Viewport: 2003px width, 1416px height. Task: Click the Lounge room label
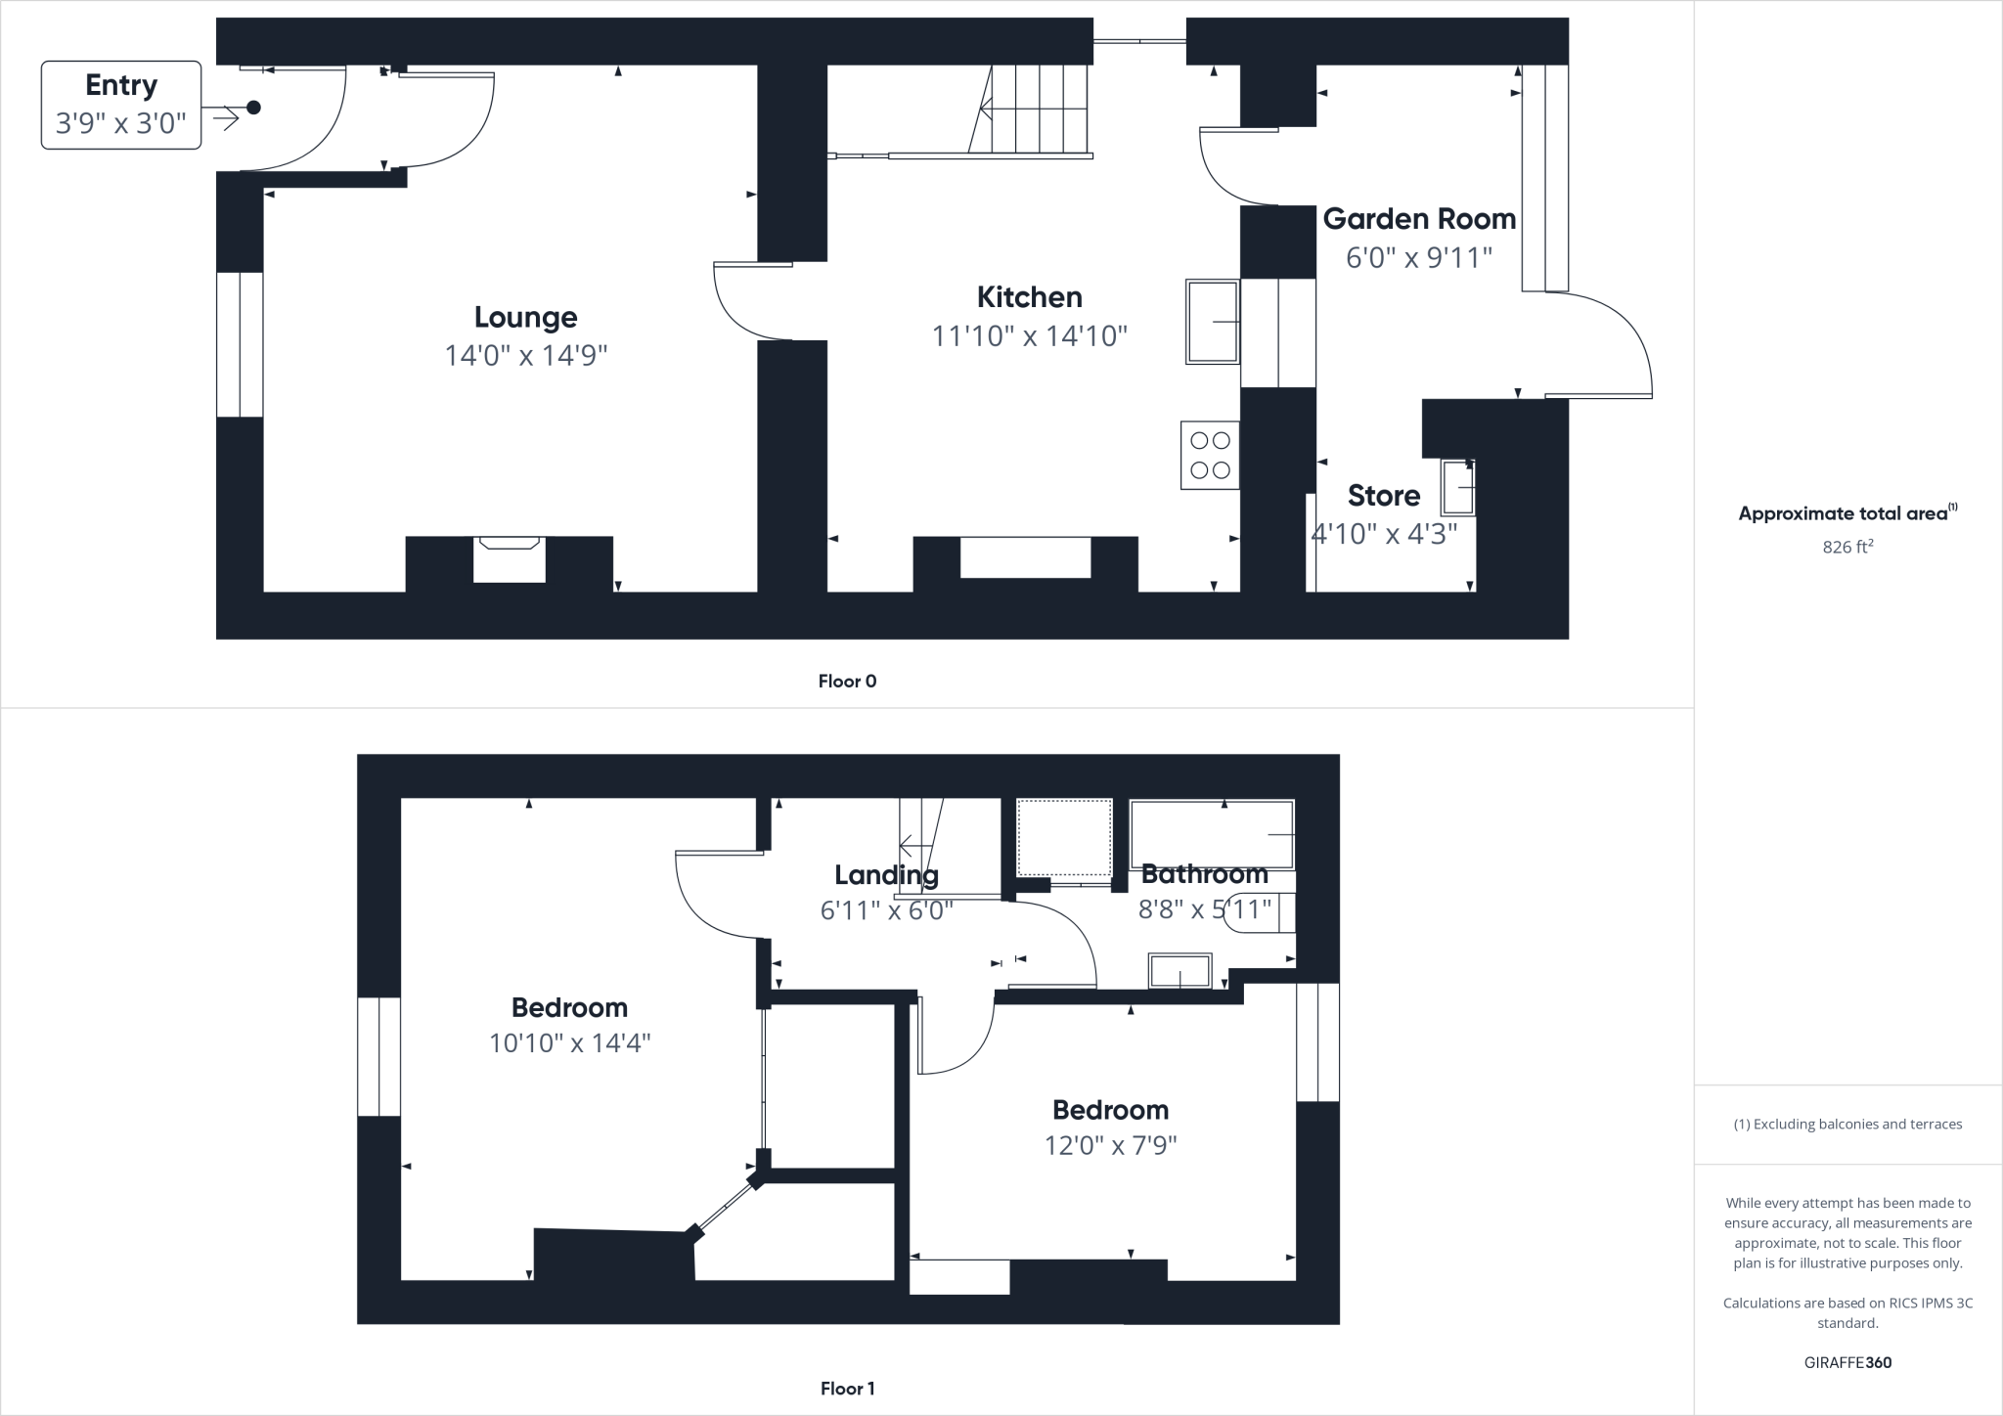pyautogui.click(x=525, y=317)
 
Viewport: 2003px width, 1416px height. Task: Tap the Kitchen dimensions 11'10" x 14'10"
pyautogui.click(x=1029, y=336)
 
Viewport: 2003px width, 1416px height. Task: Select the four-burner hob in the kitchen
pyautogui.click(x=1210, y=456)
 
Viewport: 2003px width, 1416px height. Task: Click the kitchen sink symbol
pyautogui.click(x=1213, y=322)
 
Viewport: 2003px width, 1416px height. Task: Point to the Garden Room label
pyautogui.click(x=1419, y=219)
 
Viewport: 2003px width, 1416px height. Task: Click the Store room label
pyautogui.click(x=1383, y=496)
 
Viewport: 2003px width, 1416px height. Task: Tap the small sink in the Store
pyautogui.click(x=1458, y=488)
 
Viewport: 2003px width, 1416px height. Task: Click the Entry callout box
pyautogui.click(x=121, y=105)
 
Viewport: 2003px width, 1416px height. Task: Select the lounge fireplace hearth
pyautogui.click(x=509, y=559)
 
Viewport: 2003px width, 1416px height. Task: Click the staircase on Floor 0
pyautogui.click(x=1037, y=109)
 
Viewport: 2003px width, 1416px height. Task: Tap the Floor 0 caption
pyautogui.click(x=847, y=682)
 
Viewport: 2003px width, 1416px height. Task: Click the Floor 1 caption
pyautogui.click(x=847, y=1389)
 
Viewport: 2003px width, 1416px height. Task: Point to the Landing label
pyautogui.click(x=886, y=875)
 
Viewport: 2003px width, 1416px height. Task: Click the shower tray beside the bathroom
pyautogui.click(x=1064, y=838)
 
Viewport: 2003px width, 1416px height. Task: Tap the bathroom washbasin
pyautogui.click(x=1180, y=972)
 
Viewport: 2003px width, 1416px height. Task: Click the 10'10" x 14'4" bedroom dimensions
pyautogui.click(x=569, y=1043)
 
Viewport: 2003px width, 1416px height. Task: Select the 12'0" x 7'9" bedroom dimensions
pyautogui.click(x=1110, y=1145)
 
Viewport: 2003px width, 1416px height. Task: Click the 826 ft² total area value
pyautogui.click(x=1847, y=547)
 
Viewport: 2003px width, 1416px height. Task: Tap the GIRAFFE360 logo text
pyautogui.click(x=1847, y=1362)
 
